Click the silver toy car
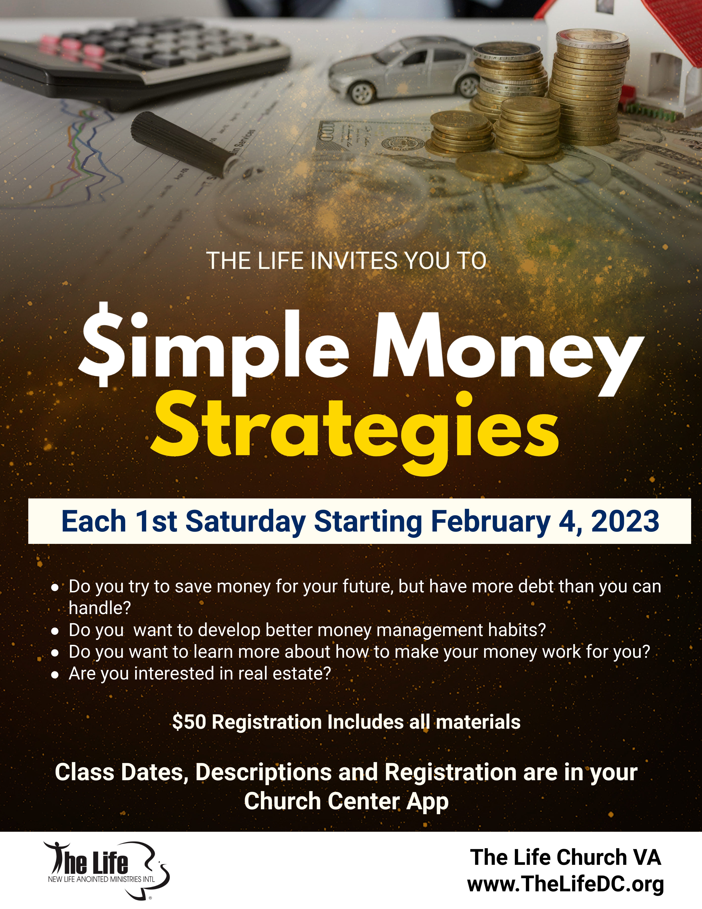pos(406,71)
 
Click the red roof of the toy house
pos(662,29)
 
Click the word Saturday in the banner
pos(245,521)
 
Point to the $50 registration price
pos(189,722)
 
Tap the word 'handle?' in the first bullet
pos(100,608)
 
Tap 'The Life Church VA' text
pos(565,857)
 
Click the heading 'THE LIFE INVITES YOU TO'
pos(346,261)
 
